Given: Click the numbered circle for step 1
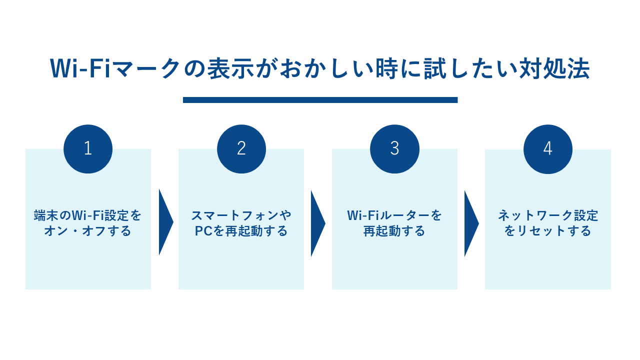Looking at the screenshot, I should point(88,148).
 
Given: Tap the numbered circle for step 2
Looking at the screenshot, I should point(241,148).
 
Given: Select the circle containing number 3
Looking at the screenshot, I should point(394,148).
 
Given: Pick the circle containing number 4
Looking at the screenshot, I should point(548,149).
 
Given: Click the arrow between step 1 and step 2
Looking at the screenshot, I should point(165,222).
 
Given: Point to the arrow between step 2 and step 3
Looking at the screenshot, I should point(317,223).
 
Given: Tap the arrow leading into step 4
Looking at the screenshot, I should point(470,223).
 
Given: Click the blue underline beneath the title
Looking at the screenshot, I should point(320,100).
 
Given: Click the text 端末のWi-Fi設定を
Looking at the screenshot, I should point(88,215).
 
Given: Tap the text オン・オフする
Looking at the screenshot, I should point(88,231).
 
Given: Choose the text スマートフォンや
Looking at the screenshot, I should point(241,215).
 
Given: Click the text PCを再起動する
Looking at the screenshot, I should point(241,231).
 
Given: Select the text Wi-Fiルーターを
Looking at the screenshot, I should point(394,215).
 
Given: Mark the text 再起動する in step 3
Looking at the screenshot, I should point(394,231).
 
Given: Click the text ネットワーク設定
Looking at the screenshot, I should point(548,215).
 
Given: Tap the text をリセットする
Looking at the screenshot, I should point(548,231).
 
